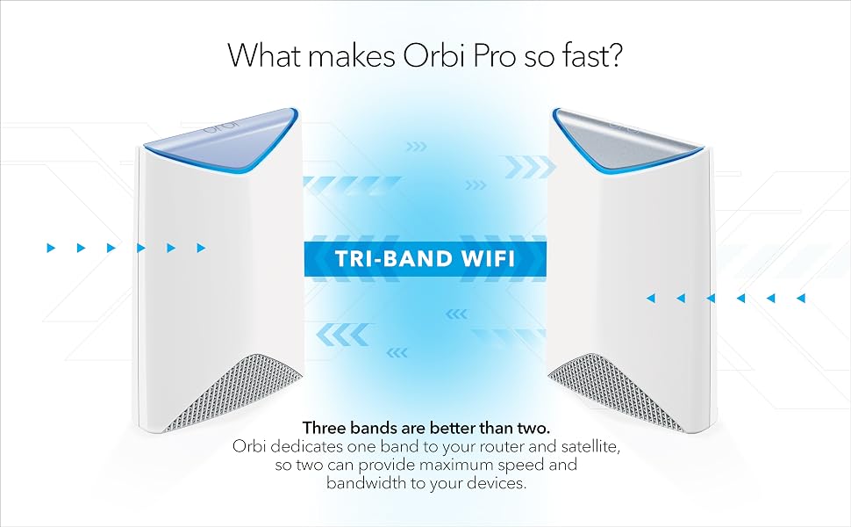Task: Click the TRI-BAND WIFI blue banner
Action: pos(425,258)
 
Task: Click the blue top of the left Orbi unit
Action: pos(221,141)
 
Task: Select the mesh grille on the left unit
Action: pos(233,393)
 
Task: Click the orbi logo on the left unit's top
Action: pos(221,127)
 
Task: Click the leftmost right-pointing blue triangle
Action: pos(52,249)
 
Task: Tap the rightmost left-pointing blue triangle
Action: pos(800,298)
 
